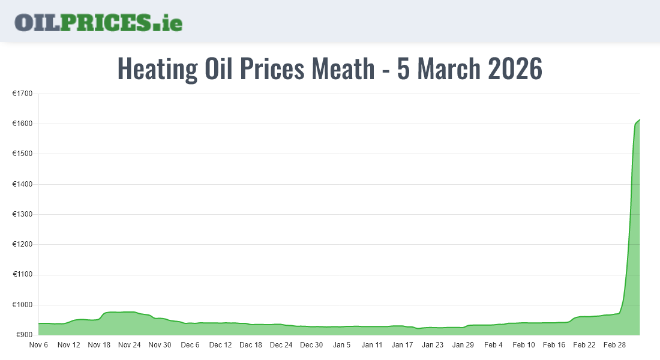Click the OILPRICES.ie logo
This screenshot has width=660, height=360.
pos(98,22)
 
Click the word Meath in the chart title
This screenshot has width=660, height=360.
pos(343,69)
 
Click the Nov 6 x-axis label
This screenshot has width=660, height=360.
pos(38,345)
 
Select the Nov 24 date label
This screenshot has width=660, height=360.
pos(130,345)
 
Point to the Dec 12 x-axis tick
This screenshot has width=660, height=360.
pos(220,345)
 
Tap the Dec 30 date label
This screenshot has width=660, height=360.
pos(311,345)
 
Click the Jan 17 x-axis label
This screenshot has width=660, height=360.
pos(402,345)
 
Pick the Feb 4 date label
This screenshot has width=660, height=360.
pos(493,345)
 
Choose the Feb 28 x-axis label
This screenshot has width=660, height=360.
pos(614,345)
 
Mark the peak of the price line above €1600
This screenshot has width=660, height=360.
pos(640,120)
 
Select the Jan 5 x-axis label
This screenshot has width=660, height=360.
pos(342,345)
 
